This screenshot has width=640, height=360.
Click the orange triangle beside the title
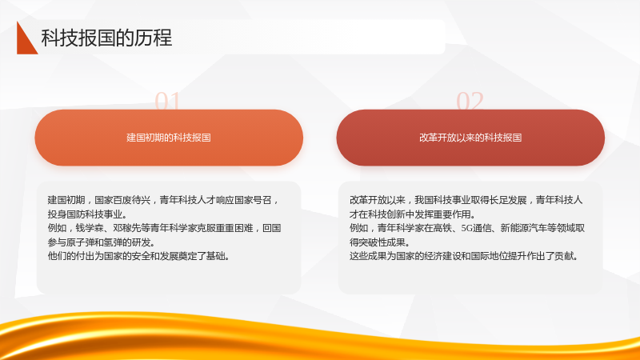(x=26, y=41)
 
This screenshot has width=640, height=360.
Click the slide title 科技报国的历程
(x=106, y=38)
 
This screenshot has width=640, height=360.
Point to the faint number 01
(x=167, y=101)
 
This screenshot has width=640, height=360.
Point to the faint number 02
(x=470, y=101)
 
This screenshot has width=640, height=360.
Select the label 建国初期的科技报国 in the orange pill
(x=169, y=138)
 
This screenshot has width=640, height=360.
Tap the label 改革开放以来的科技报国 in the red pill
(x=470, y=138)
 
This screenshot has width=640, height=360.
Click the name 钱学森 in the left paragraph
(x=90, y=228)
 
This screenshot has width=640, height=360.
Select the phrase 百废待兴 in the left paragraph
(x=132, y=200)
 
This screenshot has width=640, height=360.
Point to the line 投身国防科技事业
(x=87, y=214)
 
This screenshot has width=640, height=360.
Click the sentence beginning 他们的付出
(x=138, y=256)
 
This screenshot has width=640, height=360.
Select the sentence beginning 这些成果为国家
(x=464, y=256)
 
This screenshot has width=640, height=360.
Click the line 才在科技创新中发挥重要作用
(x=413, y=214)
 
